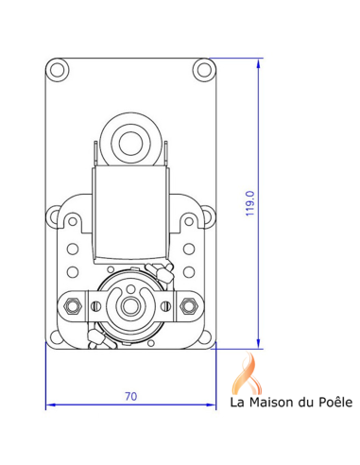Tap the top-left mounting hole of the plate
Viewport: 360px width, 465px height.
pos(58,69)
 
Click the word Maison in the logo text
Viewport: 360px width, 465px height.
pos(269,404)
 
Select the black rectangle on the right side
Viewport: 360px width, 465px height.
pos(323,232)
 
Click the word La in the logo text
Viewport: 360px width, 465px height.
pos(239,404)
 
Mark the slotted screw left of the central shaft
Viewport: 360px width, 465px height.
pos(94,305)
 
